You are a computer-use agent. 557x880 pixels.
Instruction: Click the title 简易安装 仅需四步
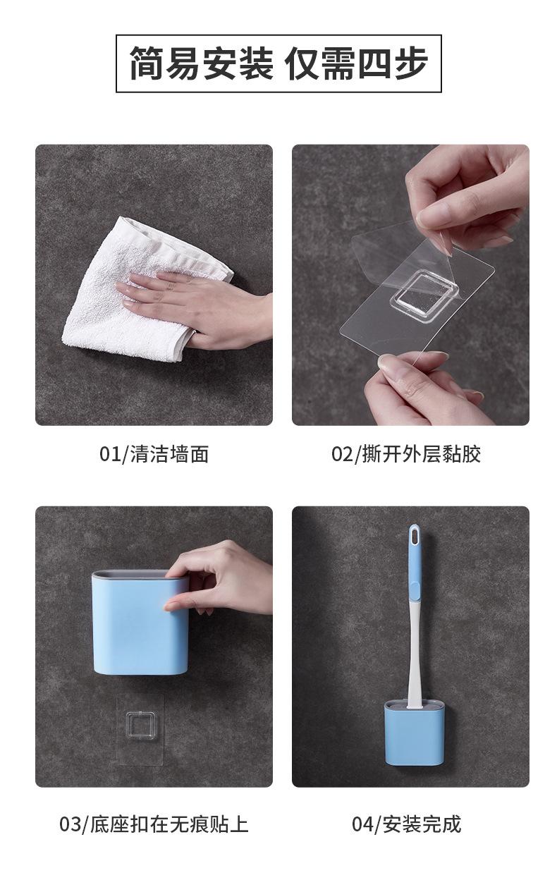278,63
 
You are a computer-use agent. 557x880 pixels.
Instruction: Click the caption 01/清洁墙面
154,454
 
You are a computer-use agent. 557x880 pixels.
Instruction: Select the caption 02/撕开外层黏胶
406,454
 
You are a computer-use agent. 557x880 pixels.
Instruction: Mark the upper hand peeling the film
467,197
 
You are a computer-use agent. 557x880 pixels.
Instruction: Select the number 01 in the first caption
110,455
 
